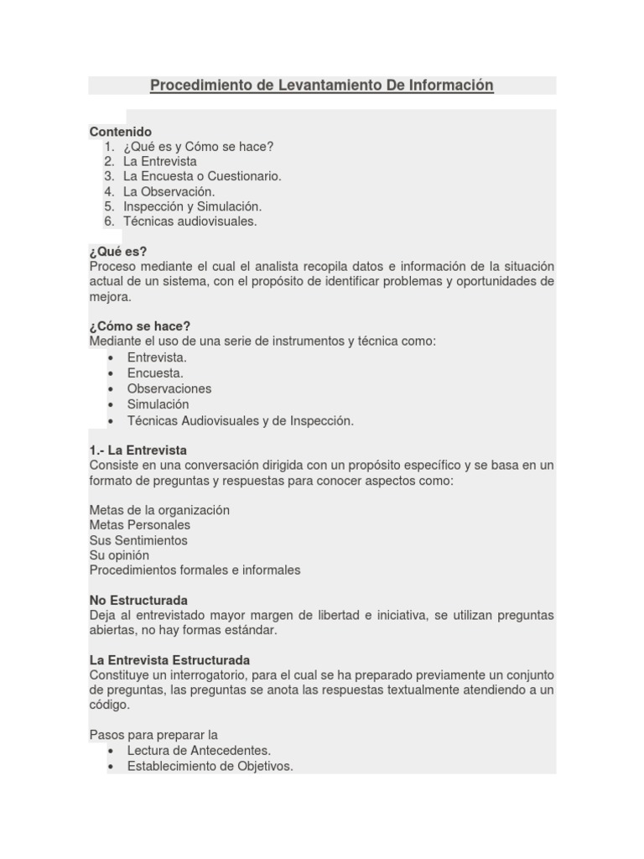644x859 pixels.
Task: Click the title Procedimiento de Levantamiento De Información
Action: pos(321,86)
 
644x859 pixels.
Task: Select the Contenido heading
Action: pos(121,132)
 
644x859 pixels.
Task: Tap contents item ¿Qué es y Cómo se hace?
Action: pos(198,146)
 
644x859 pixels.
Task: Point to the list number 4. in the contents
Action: pos(109,191)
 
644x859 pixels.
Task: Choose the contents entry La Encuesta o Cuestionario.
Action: pos(202,176)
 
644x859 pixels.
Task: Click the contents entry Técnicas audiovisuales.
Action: pos(190,221)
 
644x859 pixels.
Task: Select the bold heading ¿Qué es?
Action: pos(118,252)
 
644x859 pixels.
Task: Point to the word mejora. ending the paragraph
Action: pos(110,297)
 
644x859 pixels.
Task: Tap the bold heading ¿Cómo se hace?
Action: pos(140,326)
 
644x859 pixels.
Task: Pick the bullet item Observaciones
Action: pos(169,388)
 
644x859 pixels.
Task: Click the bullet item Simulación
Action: pos(158,404)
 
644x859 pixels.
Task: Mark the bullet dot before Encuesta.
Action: pos(111,373)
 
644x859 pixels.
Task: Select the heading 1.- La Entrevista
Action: pos(138,450)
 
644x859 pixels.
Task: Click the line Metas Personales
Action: pos(139,525)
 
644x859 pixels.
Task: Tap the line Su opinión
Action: pos(119,555)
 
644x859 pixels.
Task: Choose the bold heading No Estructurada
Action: pos(138,601)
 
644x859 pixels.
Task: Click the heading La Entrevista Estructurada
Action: pos(169,660)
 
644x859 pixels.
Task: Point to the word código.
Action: pos(110,705)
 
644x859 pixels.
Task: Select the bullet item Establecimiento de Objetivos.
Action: pos(210,766)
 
